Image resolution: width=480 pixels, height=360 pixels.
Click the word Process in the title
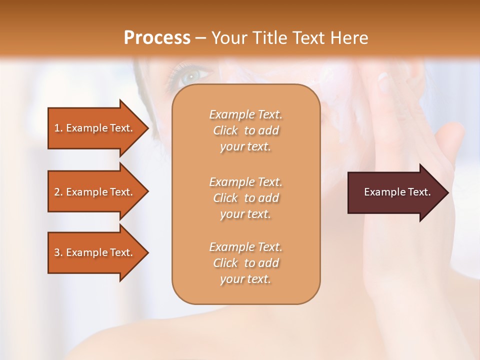(x=157, y=38)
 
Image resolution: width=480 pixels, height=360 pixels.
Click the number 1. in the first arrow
(x=58, y=128)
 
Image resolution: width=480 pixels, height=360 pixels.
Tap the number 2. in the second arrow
(x=58, y=192)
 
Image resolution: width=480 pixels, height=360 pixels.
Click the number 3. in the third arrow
(x=58, y=252)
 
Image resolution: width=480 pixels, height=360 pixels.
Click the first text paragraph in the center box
(x=245, y=130)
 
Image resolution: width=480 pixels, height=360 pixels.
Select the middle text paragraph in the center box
(x=245, y=197)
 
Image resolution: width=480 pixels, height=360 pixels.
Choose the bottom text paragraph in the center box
(x=245, y=263)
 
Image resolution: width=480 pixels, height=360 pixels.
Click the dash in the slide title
(x=201, y=38)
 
